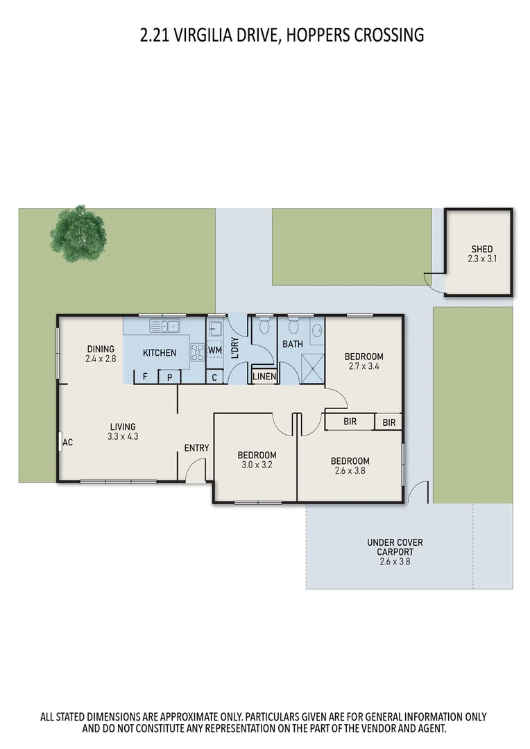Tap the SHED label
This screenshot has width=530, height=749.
tap(481, 249)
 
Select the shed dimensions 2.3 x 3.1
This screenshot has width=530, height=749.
tap(481, 259)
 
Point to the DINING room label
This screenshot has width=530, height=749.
tap(101, 349)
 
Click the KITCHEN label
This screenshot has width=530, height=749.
tap(160, 353)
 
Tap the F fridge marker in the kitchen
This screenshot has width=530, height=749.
tap(145, 377)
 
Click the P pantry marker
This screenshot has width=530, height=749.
tap(170, 377)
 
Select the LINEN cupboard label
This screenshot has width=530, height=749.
tap(264, 377)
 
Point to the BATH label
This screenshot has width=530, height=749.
tap(292, 343)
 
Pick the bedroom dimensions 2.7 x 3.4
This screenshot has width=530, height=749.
tap(364, 367)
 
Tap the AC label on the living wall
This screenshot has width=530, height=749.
tap(68, 442)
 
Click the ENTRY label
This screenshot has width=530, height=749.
tap(196, 448)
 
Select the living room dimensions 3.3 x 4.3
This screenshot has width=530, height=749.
tap(123, 437)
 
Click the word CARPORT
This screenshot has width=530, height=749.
tap(395, 552)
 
